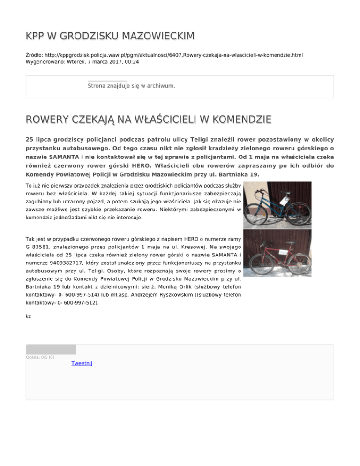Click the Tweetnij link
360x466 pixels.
pos(82,363)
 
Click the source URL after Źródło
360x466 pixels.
pos(173,55)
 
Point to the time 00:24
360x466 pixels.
pos(131,61)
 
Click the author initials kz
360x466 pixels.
pos(28,316)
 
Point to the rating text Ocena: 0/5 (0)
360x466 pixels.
pos(40,357)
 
